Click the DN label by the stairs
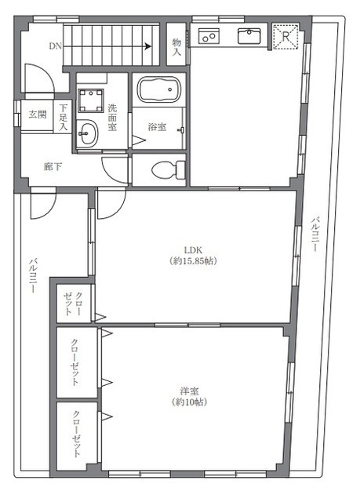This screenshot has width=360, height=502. point(56,46)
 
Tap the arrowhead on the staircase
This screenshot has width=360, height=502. point(148,46)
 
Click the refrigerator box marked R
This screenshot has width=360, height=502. point(285,37)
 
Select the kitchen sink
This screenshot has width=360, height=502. point(249,35)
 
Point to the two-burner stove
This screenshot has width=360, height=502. point(209,35)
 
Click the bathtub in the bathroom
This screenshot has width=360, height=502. point(159,89)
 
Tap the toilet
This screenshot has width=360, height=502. point(169,170)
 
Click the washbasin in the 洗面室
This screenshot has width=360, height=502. point(87,133)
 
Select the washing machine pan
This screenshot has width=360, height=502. point(91,100)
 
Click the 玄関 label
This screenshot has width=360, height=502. point(38,115)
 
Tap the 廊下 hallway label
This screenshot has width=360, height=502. point(53,166)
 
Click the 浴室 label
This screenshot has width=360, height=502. point(157,127)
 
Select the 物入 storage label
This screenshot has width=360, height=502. point(176,47)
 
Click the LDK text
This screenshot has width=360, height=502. point(193,250)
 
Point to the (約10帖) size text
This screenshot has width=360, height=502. point(189,402)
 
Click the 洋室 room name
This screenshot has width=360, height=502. point(189,391)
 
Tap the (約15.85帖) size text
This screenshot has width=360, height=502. point(194,261)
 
